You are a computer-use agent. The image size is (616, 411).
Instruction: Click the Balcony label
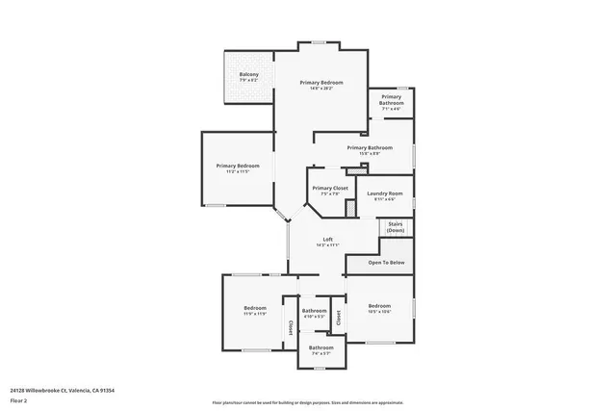click(248, 74)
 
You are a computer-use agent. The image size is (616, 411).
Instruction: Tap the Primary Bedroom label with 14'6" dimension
click(321, 83)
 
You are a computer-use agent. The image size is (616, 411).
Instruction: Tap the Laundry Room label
click(384, 193)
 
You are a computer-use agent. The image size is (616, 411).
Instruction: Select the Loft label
click(327, 239)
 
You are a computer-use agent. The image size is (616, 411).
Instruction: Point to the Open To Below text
click(387, 262)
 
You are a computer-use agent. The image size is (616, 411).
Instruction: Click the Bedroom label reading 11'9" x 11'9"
click(255, 308)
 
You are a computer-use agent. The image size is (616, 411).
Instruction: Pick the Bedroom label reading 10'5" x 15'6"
click(378, 305)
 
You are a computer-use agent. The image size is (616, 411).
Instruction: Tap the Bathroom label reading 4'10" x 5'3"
click(315, 310)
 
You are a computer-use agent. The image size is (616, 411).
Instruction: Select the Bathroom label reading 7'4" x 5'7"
click(321, 347)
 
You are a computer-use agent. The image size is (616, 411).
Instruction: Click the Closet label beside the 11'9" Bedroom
click(290, 327)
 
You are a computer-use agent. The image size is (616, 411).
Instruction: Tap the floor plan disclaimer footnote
click(308, 402)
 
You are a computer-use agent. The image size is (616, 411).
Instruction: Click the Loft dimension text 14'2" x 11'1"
click(327, 245)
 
